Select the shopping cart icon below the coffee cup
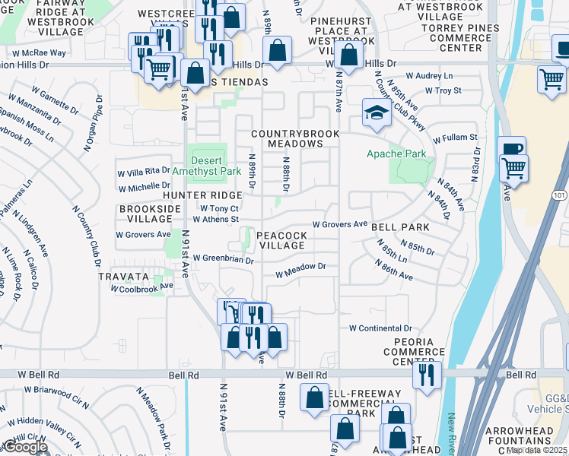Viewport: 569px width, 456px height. pyautogui.click(x=515, y=168)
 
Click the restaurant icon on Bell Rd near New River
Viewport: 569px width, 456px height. pyautogui.click(x=427, y=374)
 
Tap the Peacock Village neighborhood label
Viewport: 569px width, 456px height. pyautogui.click(x=282, y=240)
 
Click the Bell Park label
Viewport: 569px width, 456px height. pyautogui.click(x=400, y=227)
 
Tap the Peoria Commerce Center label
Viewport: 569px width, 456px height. pyautogui.click(x=413, y=351)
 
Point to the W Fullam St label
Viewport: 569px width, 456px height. pyautogui.click(x=455, y=138)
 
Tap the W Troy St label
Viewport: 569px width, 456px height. pyautogui.click(x=443, y=90)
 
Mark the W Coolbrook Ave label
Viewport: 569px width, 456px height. pyautogui.click(x=142, y=288)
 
